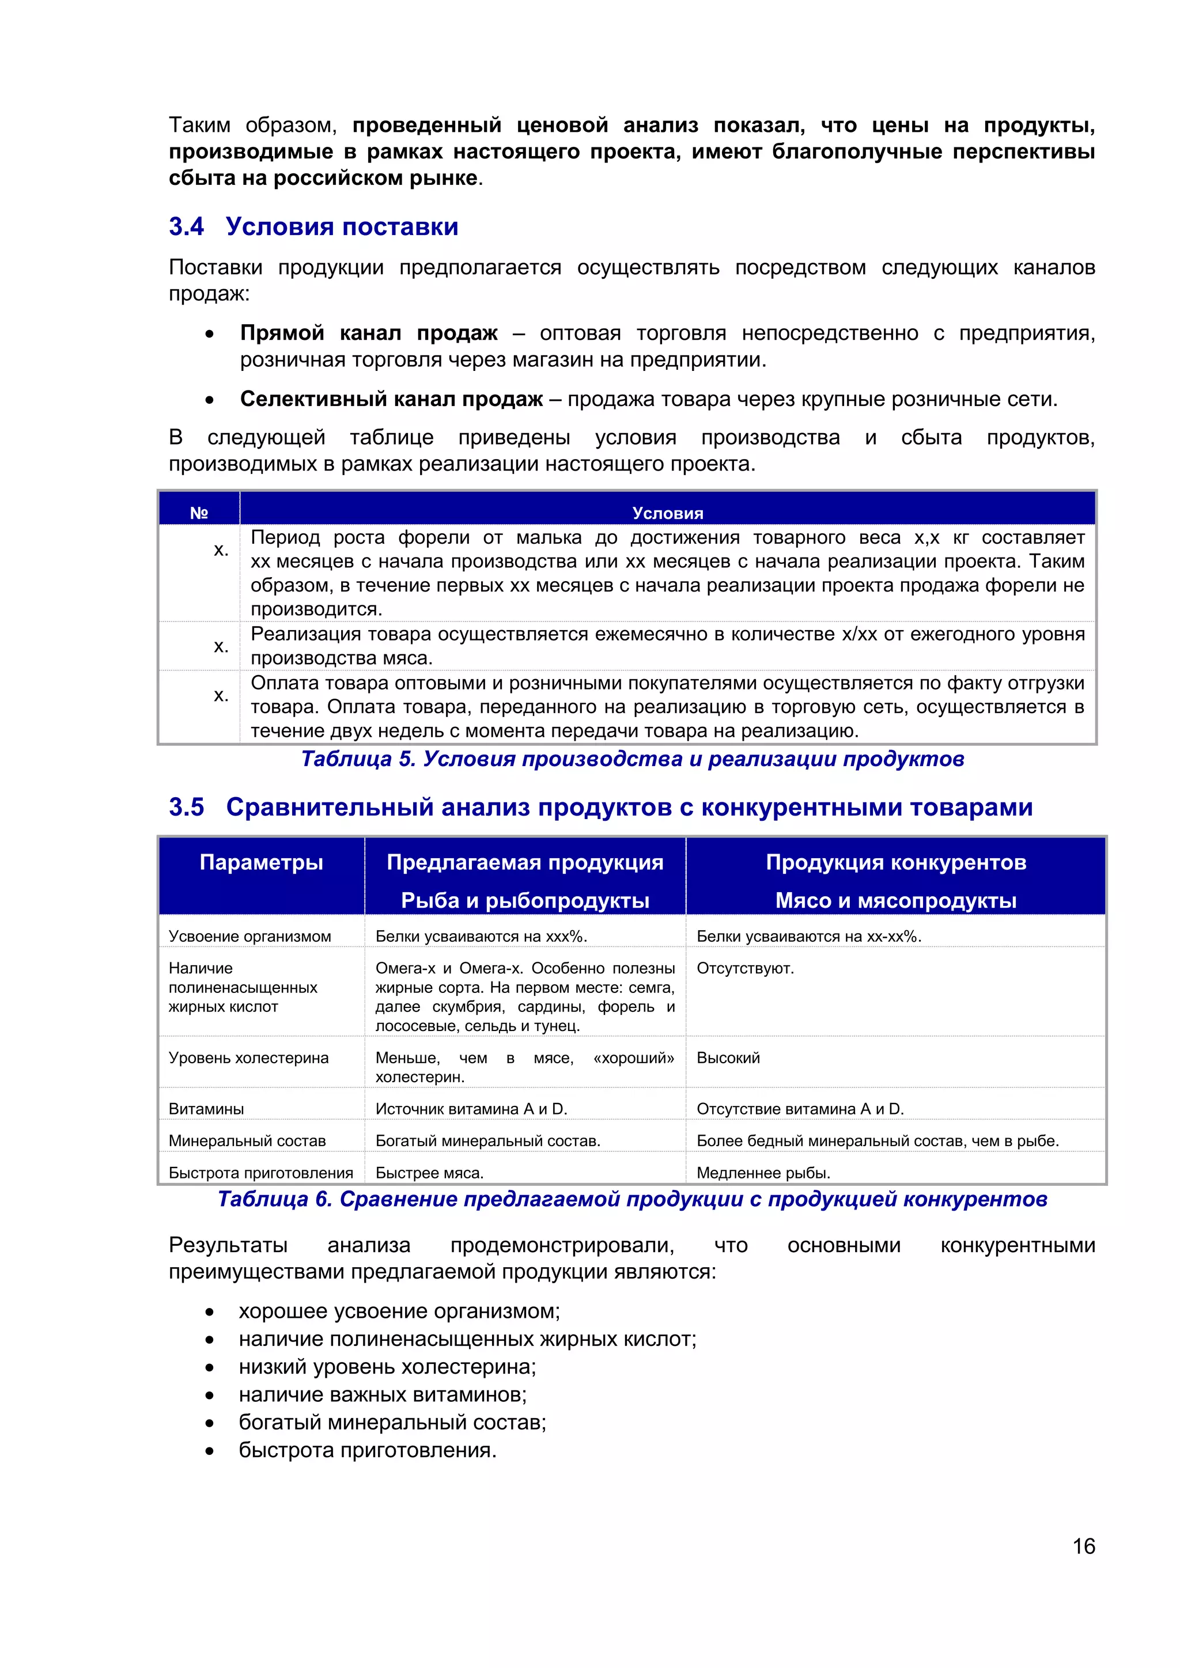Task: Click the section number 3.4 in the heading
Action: tap(186, 227)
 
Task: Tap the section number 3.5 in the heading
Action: tap(186, 807)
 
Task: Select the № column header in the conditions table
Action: tap(199, 513)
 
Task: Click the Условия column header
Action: tap(667, 513)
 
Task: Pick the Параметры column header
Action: tap(261, 862)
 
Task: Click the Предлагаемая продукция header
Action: tap(525, 862)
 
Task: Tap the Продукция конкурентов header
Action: tap(895, 862)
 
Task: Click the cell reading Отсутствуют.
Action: tap(745, 968)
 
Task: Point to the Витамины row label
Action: tap(206, 1109)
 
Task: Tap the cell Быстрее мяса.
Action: tap(429, 1173)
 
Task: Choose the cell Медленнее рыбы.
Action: tap(763, 1173)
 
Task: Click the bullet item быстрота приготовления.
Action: tap(367, 1450)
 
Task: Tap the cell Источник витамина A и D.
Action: tap(471, 1109)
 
